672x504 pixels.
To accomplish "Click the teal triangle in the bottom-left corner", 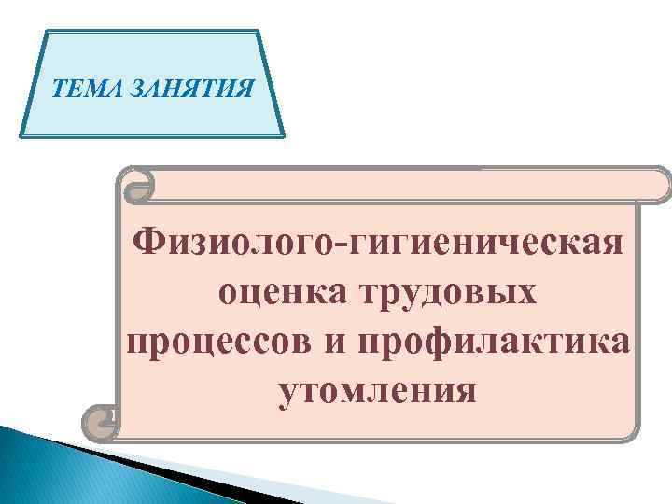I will (37, 467).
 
